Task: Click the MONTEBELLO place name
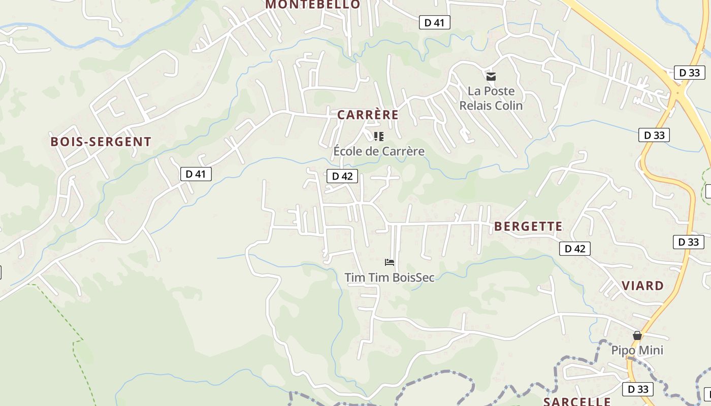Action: coord(312,5)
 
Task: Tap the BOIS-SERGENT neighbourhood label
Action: coord(101,142)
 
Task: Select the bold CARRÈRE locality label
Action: coord(368,115)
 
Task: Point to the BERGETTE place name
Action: coord(528,226)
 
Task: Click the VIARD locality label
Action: coord(643,285)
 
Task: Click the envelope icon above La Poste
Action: coord(491,77)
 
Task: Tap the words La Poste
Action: coord(491,91)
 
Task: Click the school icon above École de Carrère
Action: coord(378,136)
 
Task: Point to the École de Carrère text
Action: coord(379,151)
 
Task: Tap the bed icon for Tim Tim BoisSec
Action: coord(390,262)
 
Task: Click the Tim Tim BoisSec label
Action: coord(390,278)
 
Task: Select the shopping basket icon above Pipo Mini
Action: coord(637,335)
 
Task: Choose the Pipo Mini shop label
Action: coord(637,350)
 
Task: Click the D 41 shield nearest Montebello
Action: coord(434,22)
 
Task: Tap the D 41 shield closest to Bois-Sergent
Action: coord(196,174)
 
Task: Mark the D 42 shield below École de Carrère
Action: coord(342,176)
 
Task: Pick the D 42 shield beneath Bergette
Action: coord(574,249)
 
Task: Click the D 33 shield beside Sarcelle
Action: coord(638,389)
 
